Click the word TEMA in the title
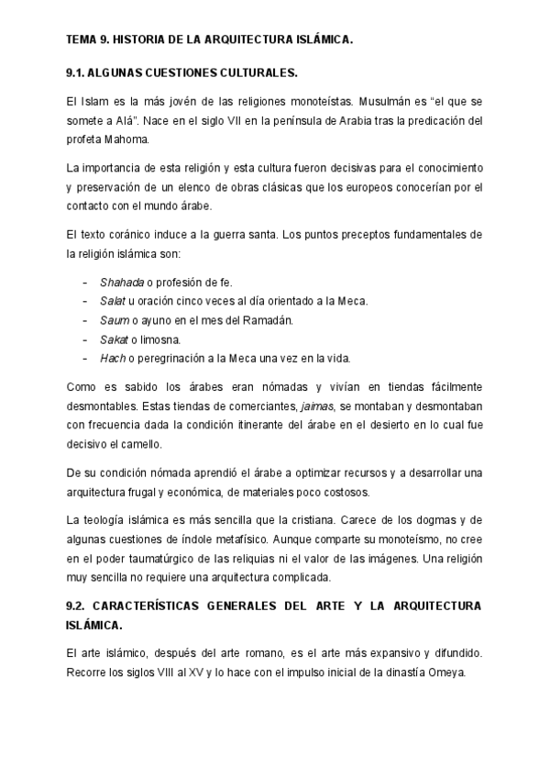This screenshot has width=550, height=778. pyautogui.click(x=84, y=40)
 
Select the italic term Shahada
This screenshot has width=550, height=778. pyautogui.click(x=120, y=282)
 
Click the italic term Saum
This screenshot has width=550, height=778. pyautogui.click(x=114, y=319)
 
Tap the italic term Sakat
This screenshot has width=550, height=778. pyautogui.click(x=115, y=339)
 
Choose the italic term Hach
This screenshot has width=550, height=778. pyautogui.click(x=113, y=358)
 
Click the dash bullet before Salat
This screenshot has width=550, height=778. pyautogui.click(x=85, y=301)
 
